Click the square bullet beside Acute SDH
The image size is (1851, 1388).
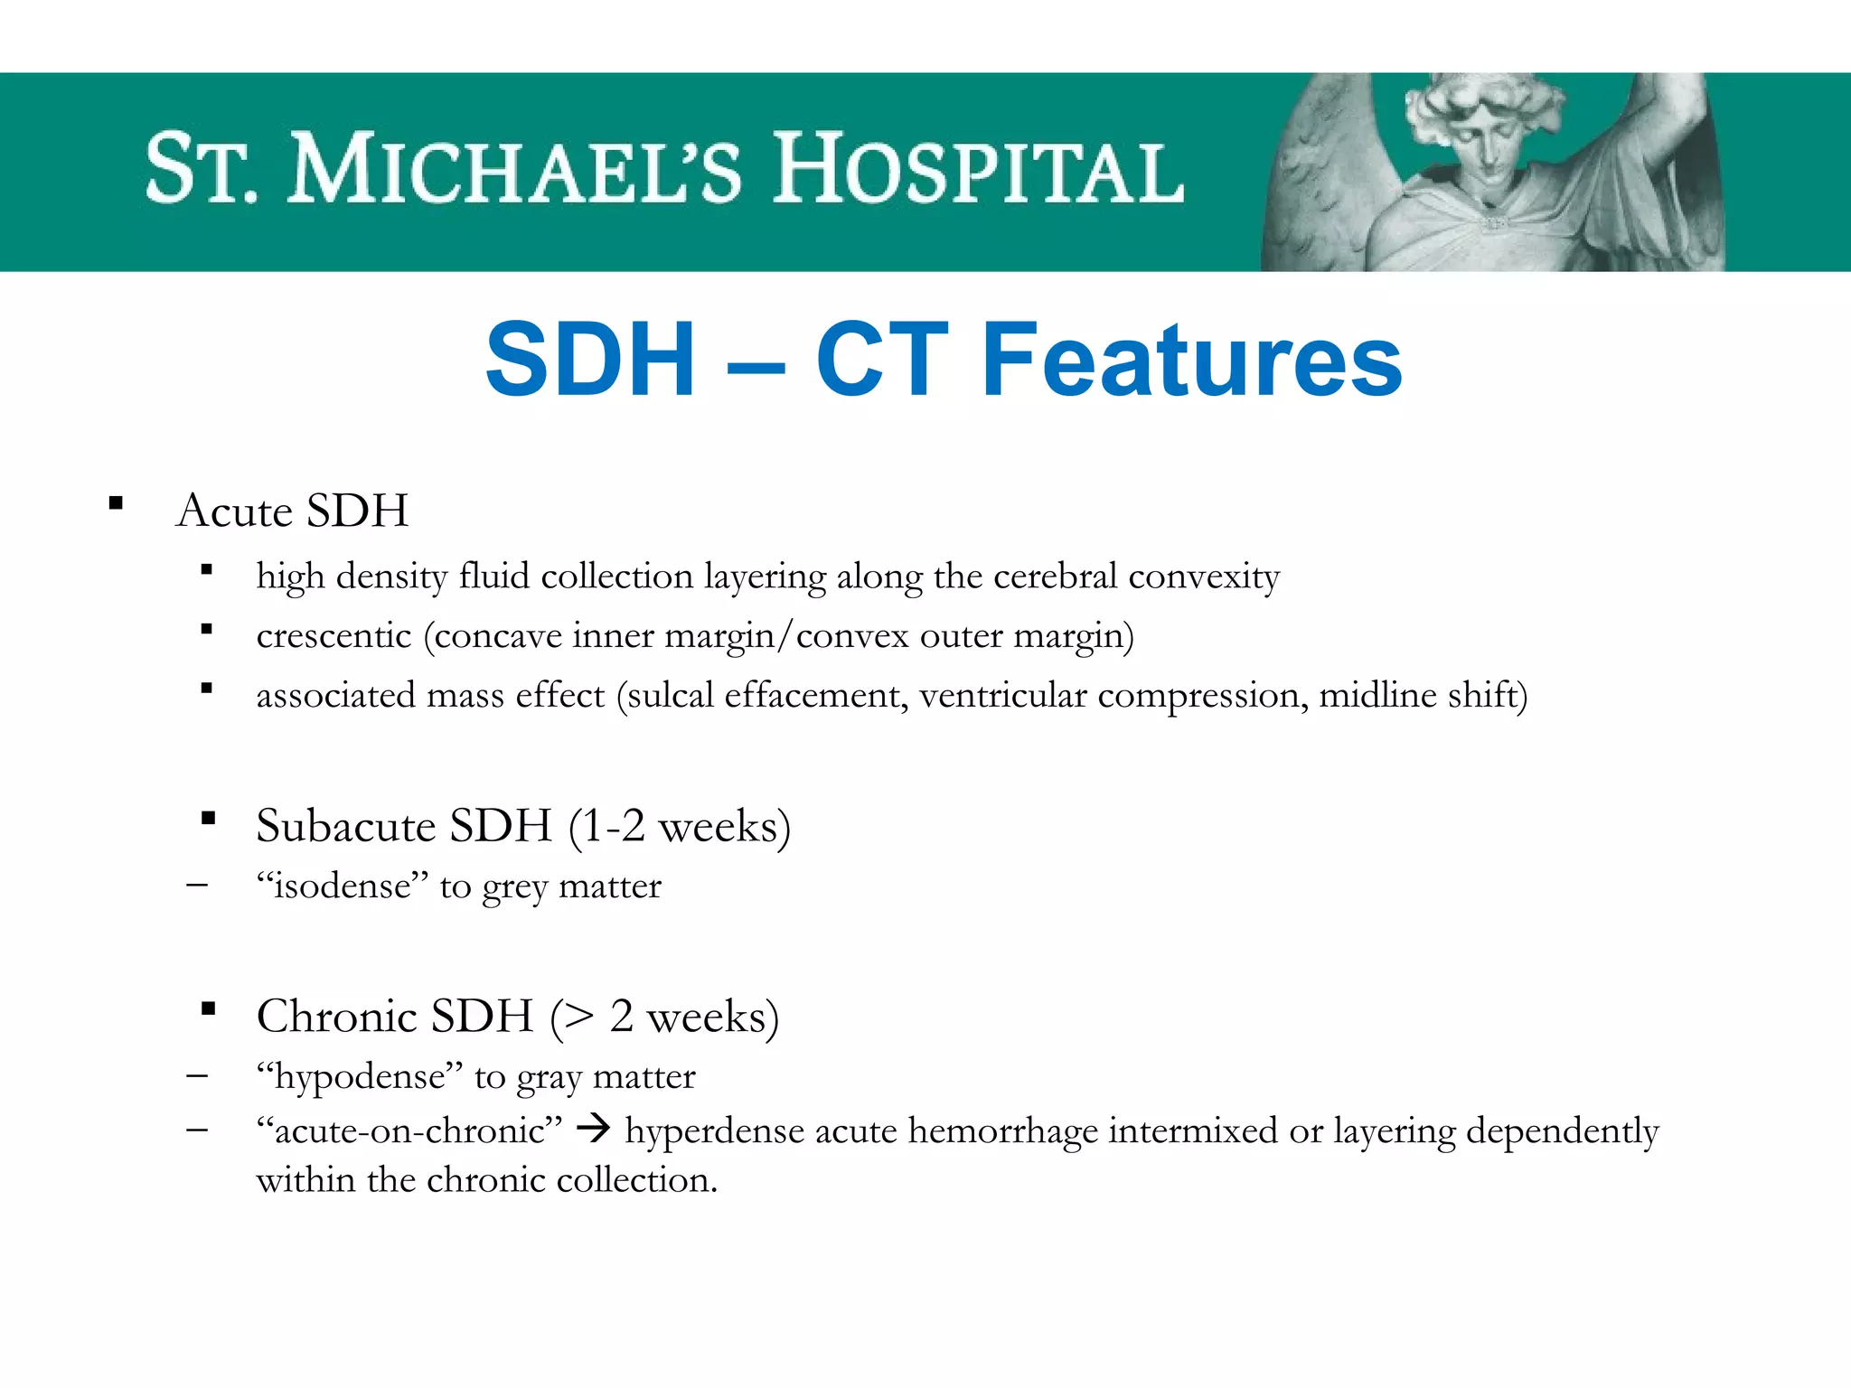coord(116,504)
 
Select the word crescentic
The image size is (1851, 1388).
coord(334,636)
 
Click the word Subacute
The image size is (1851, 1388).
coord(346,826)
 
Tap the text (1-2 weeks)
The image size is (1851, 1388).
coord(680,826)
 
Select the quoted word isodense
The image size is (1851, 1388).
coord(343,886)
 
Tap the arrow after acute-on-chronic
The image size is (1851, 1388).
coord(594,1129)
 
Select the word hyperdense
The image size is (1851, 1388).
coord(714,1131)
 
